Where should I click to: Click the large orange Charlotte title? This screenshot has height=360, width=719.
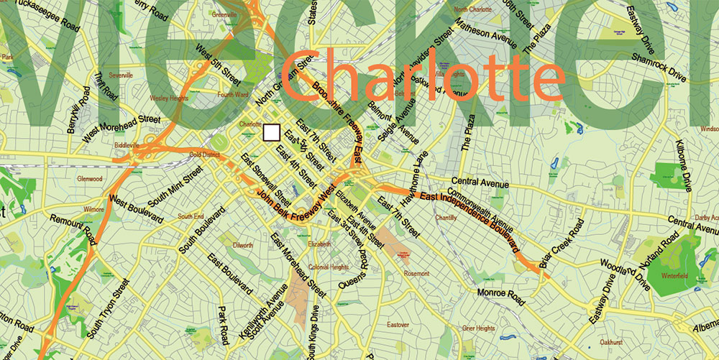(x=422, y=75)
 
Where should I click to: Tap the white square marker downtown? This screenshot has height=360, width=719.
(x=272, y=132)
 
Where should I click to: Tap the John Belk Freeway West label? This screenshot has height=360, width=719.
(x=297, y=206)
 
